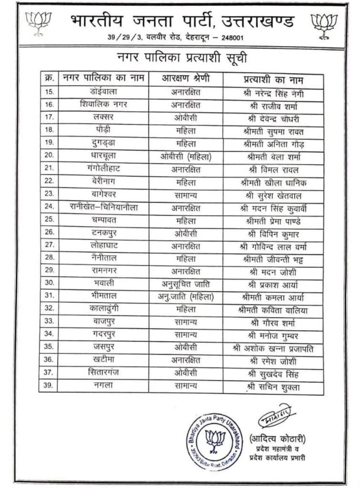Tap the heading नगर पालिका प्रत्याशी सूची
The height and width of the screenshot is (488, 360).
[x=182, y=59]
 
